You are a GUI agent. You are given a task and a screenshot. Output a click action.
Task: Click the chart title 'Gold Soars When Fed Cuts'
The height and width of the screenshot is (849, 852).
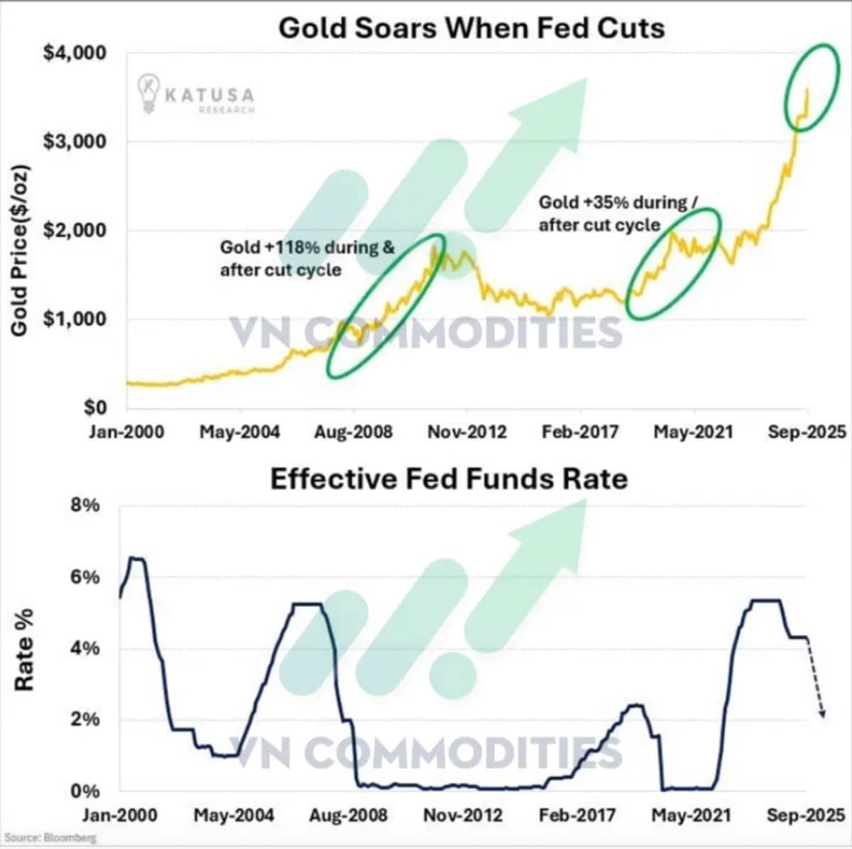[471, 28]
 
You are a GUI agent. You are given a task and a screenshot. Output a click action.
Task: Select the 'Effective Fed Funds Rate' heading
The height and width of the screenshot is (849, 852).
[449, 479]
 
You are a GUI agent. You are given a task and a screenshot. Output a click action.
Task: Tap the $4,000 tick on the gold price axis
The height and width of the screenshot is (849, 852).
[75, 53]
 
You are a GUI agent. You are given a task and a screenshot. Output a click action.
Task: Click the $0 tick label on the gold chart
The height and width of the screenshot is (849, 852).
[95, 407]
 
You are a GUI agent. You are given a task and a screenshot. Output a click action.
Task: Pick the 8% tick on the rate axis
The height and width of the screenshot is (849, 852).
[85, 505]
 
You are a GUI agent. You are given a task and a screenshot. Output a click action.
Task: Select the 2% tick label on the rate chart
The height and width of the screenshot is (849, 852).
[85, 719]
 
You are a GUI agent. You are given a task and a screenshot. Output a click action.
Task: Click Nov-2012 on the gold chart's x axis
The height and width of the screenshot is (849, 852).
[467, 432]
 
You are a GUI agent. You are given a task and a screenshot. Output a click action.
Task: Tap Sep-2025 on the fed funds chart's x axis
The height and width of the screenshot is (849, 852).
[806, 815]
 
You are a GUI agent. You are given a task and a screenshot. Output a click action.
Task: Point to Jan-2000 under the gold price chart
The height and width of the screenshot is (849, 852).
[126, 432]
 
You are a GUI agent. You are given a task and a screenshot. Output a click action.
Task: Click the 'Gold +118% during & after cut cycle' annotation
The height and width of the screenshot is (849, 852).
[307, 258]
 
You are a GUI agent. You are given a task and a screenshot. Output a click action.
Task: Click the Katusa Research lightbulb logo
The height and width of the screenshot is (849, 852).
[148, 93]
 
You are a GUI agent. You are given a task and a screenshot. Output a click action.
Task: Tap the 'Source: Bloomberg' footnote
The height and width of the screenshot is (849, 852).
[50, 838]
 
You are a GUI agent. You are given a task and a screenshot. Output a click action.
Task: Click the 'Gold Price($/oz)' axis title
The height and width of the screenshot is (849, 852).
[20, 251]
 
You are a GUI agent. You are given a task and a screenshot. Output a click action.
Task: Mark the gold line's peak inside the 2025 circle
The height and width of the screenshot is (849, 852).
[808, 89]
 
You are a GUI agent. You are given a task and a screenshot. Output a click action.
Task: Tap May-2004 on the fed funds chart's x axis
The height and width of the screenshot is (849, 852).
[234, 815]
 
